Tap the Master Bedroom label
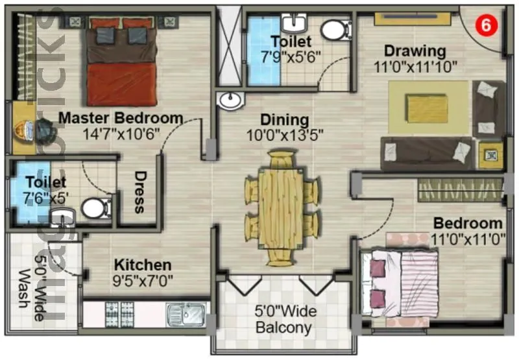(x=121, y=118)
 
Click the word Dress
(x=139, y=192)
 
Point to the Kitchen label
(x=143, y=265)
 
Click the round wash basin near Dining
(x=230, y=101)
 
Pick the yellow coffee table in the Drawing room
(x=426, y=106)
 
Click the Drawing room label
(x=415, y=51)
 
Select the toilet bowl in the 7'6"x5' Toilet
(x=96, y=208)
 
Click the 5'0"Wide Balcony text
(x=285, y=319)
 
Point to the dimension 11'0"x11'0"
(x=468, y=239)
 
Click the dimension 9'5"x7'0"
(x=143, y=282)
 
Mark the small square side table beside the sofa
(x=490, y=154)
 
